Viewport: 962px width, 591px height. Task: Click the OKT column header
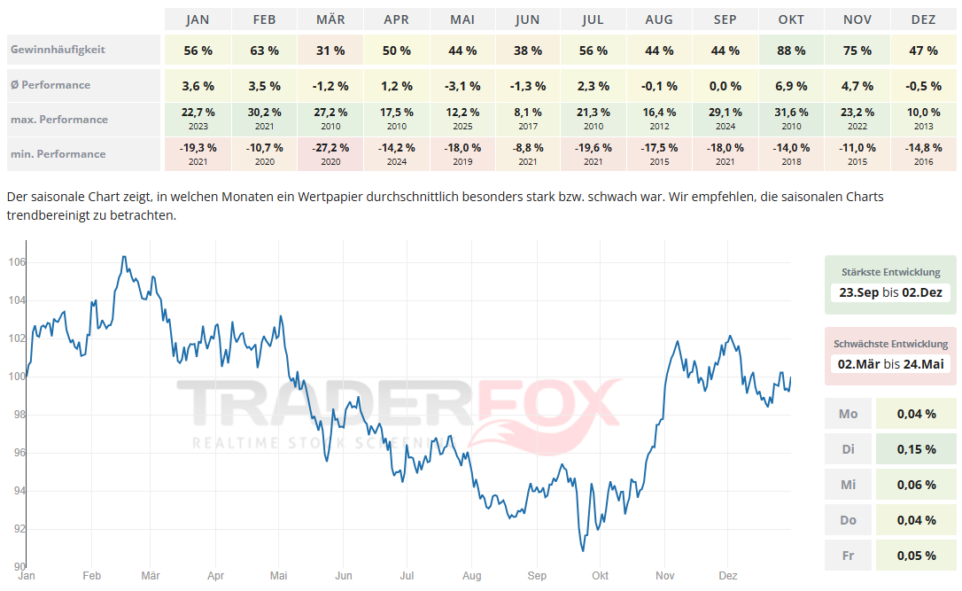click(791, 19)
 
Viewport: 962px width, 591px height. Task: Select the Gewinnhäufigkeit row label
click(58, 50)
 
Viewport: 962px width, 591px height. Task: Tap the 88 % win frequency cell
click(791, 51)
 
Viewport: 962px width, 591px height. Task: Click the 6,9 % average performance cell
click(791, 86)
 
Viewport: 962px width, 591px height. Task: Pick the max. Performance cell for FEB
click(265, 119)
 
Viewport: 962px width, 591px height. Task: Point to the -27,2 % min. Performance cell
click(330, 153)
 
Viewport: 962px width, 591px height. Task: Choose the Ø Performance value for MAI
click(463, 86)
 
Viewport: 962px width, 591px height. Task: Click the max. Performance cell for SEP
click(725, 119)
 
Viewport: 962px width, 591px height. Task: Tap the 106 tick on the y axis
click(17, 262)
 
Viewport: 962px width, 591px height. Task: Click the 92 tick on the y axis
click(17, 529)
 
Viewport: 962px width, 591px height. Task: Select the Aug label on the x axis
click(471, 576)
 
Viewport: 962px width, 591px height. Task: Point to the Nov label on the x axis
click(665, 576)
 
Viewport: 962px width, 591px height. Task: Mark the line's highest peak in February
click(123, 257)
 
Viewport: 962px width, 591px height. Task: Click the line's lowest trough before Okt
click(583, 550)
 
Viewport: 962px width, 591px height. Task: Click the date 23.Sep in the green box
click(858, 292)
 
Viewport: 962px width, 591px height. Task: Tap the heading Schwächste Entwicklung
click(890, 344)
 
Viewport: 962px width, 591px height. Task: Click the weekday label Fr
click(848, 556)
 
